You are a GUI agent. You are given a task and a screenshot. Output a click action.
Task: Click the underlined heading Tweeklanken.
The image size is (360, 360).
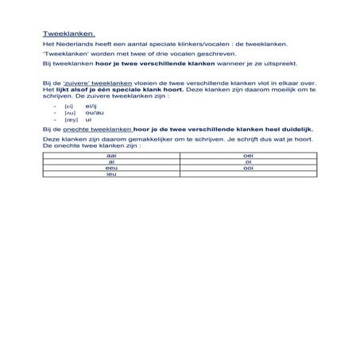click(x=68, y=33)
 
